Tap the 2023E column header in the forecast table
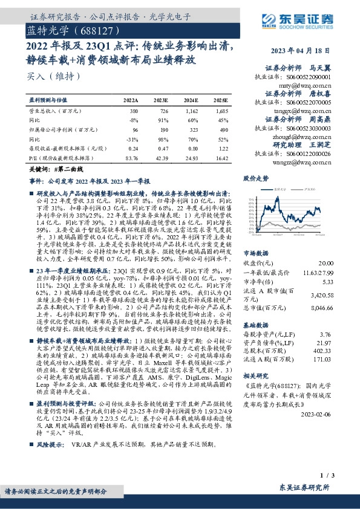(162, 100)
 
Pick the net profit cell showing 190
(162, 130)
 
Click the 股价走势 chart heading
(256, 179)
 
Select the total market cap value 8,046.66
(320, 307)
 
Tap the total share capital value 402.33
(322, 351)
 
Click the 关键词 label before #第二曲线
(39, 171)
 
